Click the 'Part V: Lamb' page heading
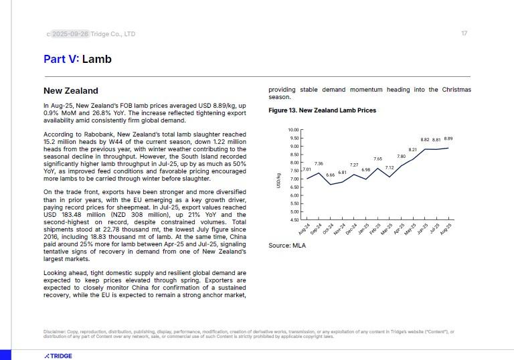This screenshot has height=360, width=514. click(78, 60)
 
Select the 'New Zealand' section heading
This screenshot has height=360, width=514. click(71, 91)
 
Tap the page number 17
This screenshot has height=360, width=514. click(464, 33)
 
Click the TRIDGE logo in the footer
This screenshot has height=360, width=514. click(58, 356)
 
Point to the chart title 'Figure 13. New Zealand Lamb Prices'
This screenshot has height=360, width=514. click(322, 110)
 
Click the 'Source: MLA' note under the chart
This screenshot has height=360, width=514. click(287, 246)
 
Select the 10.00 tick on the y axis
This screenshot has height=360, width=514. click(293, 130)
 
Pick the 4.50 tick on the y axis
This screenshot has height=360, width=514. click(294, 219)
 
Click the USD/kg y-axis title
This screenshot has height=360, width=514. click(278, 179)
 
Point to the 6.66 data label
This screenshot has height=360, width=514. click(331, 175)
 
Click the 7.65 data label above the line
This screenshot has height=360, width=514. click(377, 159)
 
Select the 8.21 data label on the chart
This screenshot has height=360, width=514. click(413, 150)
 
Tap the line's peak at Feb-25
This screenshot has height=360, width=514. click(378, 168)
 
